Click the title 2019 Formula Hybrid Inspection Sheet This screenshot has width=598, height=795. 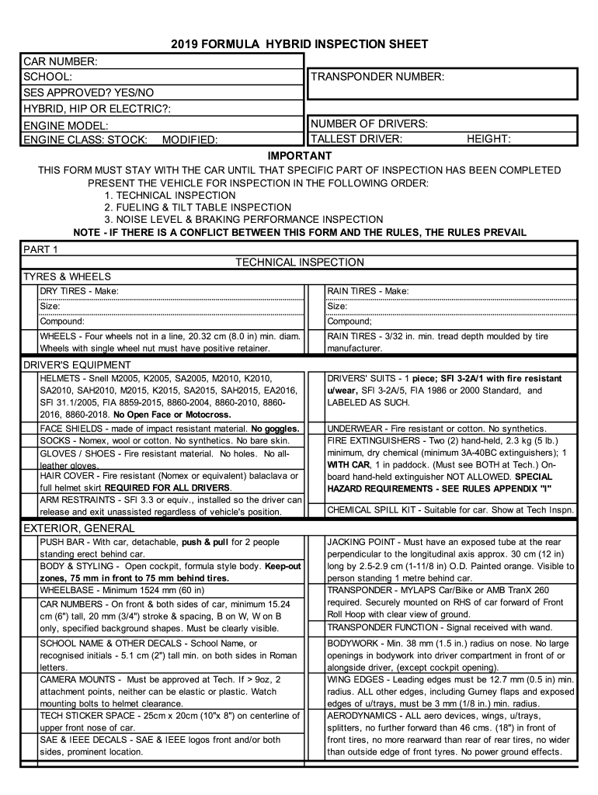pos(299,44)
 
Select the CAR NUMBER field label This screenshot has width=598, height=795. pos(59,61)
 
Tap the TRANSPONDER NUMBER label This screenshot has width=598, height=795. pos(377,77)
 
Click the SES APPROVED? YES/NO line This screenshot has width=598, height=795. pos(89,92)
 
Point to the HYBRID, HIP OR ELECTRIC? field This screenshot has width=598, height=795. pos(97,108)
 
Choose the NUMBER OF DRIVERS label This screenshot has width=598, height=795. pos(369,124)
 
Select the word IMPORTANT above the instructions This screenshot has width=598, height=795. pos(299,156)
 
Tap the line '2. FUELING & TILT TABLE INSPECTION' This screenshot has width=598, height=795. pos(198,207)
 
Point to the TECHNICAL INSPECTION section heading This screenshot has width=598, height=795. pos(299,262)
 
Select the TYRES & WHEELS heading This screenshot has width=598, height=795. pos(67,276)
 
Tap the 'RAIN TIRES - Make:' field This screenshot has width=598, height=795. pos(367,291)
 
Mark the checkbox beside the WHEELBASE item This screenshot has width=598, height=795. pos(29,590)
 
